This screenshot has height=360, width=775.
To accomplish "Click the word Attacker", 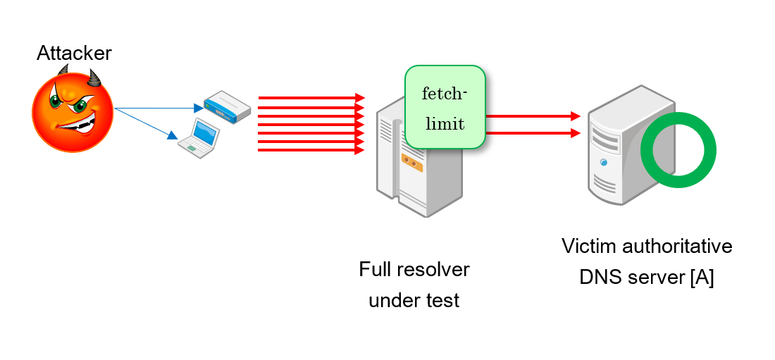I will (x=74, y=53).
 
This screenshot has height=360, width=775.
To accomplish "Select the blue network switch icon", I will (x=227, y=105).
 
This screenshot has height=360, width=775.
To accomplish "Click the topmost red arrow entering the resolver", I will (x=310, y=97).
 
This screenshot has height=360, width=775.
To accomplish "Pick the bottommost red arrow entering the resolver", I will (x=310, y=149).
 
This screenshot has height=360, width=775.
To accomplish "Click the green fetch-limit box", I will (x=445, y=107).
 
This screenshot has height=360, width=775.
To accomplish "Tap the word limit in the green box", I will (x=445, y=124).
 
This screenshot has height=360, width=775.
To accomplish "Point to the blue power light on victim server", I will (x=603, y=161).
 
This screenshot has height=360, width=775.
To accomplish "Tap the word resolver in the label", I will (x=435, y=270).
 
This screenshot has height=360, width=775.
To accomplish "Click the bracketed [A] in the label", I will (x=702, y=278).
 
